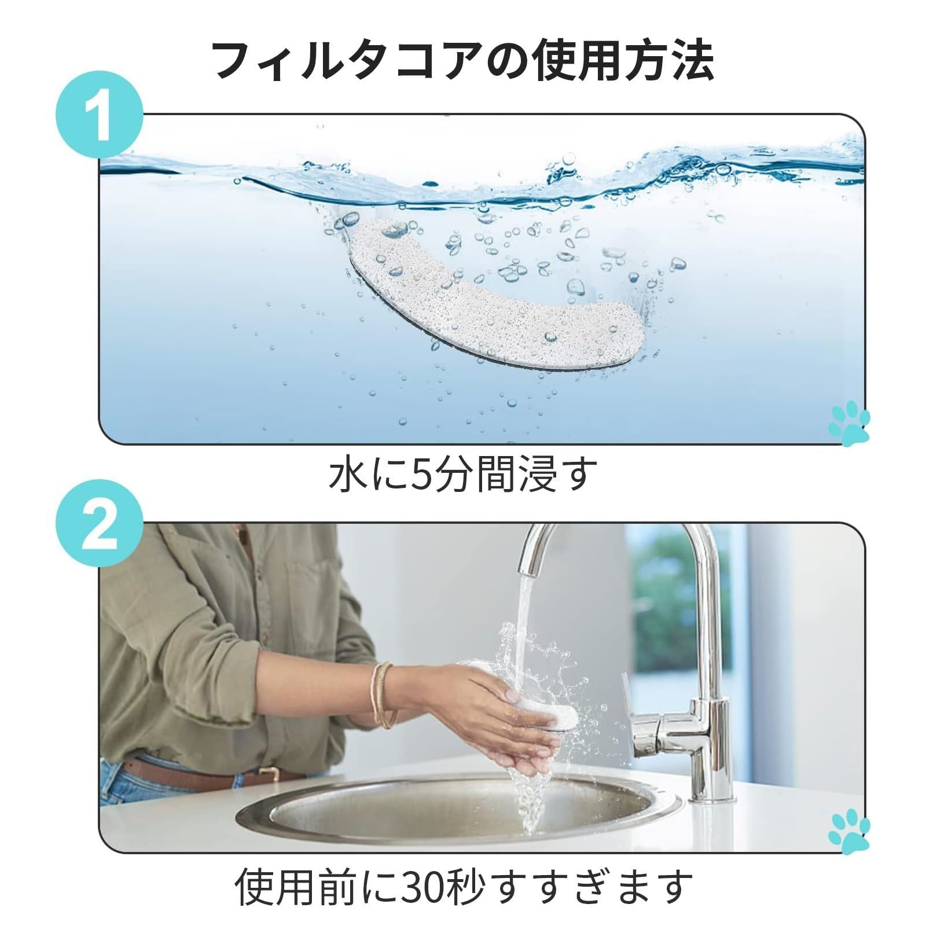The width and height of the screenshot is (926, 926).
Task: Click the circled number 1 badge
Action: pos(100,114)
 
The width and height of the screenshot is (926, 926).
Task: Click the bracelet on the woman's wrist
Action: pos(383,694)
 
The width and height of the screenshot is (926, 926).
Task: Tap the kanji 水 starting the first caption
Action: pos(346,475)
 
